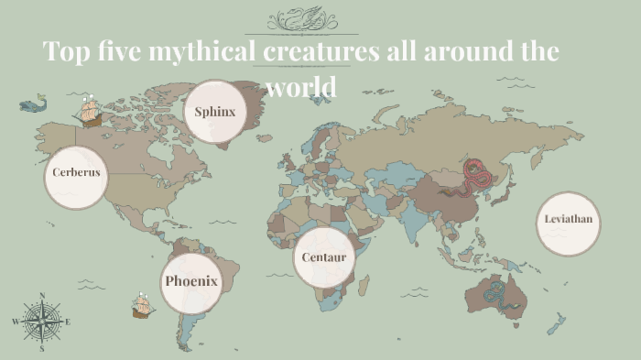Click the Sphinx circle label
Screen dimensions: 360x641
(x=215, y=112)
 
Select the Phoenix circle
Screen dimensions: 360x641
(x=191, y=280)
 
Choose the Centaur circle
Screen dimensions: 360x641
(x=324, y=257)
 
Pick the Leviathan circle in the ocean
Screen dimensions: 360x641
(x=568, y=223)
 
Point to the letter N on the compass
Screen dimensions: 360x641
(x=41, y=295)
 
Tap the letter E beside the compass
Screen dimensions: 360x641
(x=68, y=322)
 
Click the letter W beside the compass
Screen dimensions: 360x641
(x=15, y=322)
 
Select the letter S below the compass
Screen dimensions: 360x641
(x=41, y=349)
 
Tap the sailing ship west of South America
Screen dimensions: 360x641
(x=141, y=305)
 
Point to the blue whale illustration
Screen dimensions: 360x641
(x=34, y=105)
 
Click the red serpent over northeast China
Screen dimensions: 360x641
(x=474, y=177)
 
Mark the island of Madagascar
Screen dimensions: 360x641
(x=364, y=286)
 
